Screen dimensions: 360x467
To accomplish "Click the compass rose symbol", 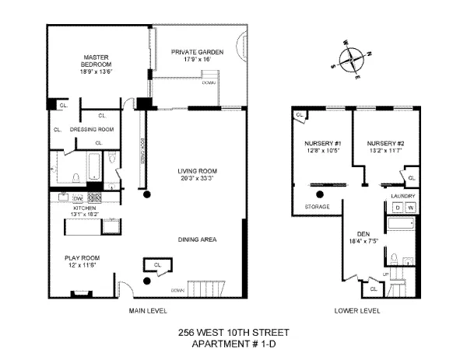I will tap(352, 58).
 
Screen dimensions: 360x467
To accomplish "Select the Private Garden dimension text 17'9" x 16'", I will tap(191, 59).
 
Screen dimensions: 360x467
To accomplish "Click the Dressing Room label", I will tap(92, 129).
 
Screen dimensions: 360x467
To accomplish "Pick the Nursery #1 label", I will tap(322, 144).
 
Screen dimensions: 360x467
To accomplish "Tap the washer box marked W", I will tap(410, 208).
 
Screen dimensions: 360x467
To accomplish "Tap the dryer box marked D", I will tap(398, 208).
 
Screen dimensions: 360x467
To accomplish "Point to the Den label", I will tap(361, 233).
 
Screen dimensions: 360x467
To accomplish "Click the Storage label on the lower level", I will tap(318, 207).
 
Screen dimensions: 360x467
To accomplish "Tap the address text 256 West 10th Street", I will tap(233, 334).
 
